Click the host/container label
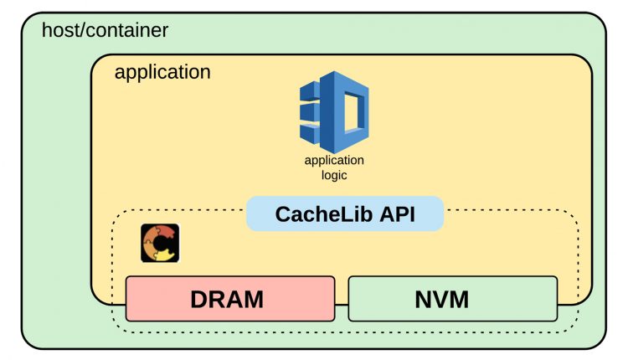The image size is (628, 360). click(x=105, y=30)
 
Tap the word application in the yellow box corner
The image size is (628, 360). click(x=162, y=73)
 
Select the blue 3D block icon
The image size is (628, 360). click(x=334, y=112)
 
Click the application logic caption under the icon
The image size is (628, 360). click(x=334, y=167)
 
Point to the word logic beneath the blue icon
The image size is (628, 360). click(x=334, y=175)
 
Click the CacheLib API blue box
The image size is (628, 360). click(x=345, y=213)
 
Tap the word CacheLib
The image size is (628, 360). click(x=324, y=214)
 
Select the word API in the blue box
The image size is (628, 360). click(x=397, y=214)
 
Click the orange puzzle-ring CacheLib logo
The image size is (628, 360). click(x=160, y=243)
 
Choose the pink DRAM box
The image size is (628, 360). click(x=230, y=299)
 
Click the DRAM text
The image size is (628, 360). click(x=227, y=300)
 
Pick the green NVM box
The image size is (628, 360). click(x=453, y=299)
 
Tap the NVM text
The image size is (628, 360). click(x=442, y=300)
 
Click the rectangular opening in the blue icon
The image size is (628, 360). click(x=352, y=112)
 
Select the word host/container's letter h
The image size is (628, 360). click(x=46, y=30)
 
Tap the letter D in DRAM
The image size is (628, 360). click(x=199, y=300)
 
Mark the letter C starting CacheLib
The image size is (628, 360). click(x=284, y=214)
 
